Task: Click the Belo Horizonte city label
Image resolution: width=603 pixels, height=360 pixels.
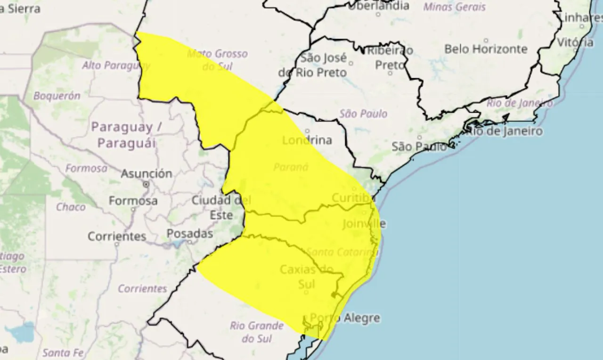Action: [x=486, y=49]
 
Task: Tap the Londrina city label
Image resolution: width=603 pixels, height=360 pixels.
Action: [x=307, y=140]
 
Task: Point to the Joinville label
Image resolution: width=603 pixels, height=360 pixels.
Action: [x=364, y=223]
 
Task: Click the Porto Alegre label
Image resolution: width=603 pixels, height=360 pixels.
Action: [x=345, y=318]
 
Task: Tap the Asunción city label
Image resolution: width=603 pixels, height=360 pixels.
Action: [x=147, y=173]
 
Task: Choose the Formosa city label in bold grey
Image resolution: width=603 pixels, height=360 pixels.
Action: [x=133, y=201]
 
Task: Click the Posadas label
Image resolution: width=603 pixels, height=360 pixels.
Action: [x=190, y=234]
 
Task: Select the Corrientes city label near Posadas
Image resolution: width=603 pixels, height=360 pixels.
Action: [x=117, y=236]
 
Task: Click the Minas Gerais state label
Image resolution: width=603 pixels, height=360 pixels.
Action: [x=454, y=7]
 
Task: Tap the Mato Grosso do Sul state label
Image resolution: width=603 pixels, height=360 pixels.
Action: [x=217, y=60]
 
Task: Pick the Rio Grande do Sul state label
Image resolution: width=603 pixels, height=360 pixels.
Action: [x=257, y=332]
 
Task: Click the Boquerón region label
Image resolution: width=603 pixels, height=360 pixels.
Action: [x=57, y=96]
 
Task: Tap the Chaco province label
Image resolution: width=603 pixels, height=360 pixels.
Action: [x=71, y=207]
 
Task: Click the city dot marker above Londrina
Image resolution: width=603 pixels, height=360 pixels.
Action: [x=307, y=131]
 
